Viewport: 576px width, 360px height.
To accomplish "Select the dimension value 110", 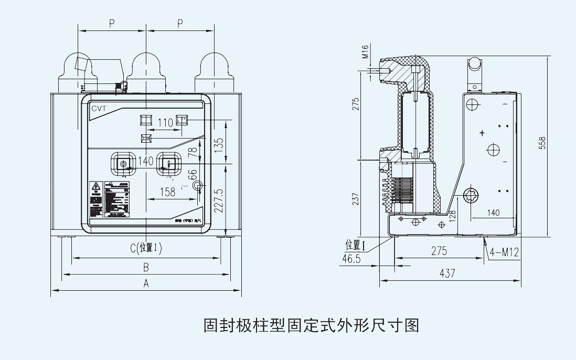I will pos(165,123).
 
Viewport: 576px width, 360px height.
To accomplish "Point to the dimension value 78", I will pos(193,152).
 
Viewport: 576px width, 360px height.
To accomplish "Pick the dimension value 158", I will pos(167,192).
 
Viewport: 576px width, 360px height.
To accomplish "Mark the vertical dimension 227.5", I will pos(219,200).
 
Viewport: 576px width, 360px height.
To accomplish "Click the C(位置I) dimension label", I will pos(146,248).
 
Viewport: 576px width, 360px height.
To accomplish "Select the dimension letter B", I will pos(146,267).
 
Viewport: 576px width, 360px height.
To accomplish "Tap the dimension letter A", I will pos(146,284).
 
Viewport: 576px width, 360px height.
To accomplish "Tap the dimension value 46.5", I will pos(351,258).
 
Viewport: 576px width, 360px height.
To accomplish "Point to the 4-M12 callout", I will pos(504,253).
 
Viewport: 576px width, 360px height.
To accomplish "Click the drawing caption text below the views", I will pos(311,326).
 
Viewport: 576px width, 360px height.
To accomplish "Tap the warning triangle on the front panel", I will pos(96,186).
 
